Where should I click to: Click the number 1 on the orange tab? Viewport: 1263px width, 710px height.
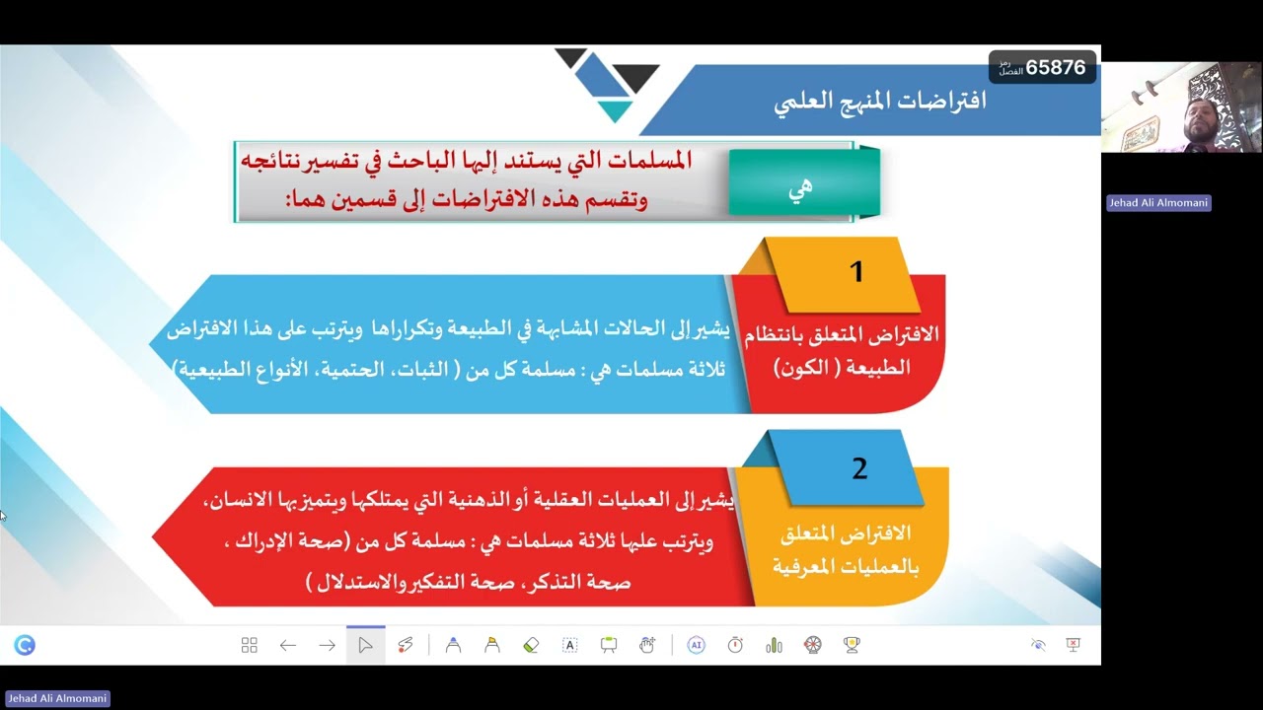(856, 272)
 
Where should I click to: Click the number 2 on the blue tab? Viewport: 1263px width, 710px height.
(859, 469)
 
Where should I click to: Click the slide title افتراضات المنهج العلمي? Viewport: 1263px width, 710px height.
(880, 102)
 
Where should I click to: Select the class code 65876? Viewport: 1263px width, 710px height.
(1055, 67)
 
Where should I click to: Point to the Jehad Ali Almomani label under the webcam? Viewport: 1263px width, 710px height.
(1157, 203)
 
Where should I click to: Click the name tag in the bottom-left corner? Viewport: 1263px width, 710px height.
(56, 698)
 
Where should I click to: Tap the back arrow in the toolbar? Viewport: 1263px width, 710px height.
(288, 645)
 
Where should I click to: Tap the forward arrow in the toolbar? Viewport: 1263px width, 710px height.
(327, 645)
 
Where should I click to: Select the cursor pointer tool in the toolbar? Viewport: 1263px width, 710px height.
(365, 645)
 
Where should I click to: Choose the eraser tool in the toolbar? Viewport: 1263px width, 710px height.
(531, 645)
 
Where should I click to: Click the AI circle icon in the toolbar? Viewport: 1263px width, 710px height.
(696, 645)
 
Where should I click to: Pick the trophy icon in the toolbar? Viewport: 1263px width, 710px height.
(852, 645)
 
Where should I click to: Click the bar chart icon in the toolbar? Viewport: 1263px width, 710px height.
(774, 645)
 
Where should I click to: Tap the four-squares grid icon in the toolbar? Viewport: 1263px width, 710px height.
(249, 645)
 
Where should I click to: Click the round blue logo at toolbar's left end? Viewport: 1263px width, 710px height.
(25, 645)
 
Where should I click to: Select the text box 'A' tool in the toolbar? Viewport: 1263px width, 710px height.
(569, 645)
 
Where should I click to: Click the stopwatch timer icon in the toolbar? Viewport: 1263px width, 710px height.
(735, 645)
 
